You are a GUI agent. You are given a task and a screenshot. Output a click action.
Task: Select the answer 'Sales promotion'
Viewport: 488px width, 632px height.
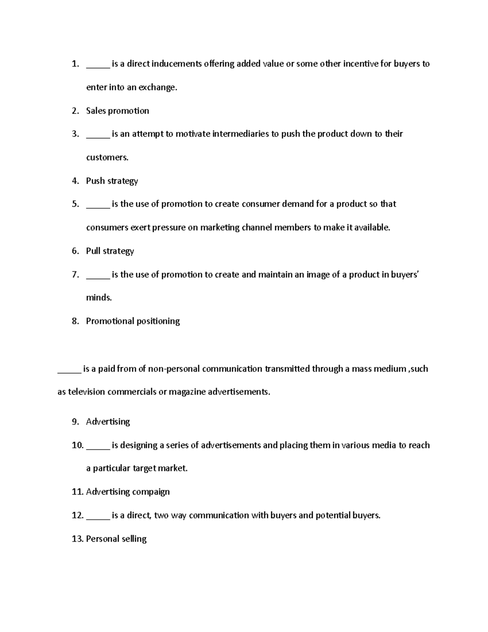tap(118, 111)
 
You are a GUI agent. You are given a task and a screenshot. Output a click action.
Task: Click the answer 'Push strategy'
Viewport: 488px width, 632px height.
tap(112, 181)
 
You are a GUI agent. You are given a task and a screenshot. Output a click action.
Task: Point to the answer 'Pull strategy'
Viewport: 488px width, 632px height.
tap(110, 251)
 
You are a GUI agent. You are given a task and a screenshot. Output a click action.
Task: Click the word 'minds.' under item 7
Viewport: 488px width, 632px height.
tap(99, 298)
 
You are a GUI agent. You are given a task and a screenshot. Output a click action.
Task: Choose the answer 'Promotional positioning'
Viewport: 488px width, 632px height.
tap(133, 321)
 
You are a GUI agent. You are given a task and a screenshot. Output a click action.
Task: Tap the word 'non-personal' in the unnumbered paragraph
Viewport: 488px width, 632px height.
tap(174, 369)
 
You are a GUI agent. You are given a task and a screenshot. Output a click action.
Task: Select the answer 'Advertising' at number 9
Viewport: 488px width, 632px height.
tap(108, 422)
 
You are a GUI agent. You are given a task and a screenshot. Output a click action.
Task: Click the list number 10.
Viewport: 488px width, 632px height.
tap(77, 445)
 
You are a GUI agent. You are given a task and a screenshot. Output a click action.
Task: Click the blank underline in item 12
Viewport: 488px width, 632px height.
tap(98, 518)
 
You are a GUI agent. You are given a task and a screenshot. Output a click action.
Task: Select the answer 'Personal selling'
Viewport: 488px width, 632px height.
tap(116, 539)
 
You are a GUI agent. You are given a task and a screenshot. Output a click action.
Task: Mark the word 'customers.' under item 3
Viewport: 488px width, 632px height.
tap(107, 157)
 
